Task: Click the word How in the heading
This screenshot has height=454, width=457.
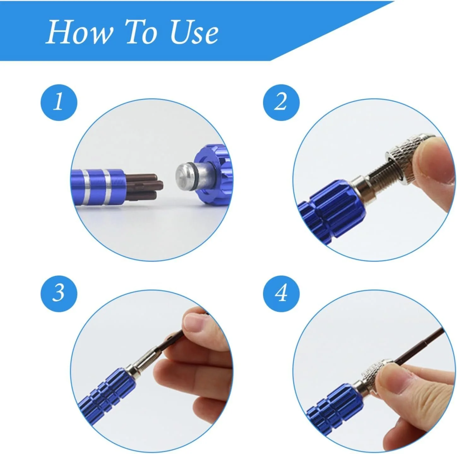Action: (x=78, y=32)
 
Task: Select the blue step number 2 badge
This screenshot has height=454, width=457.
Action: (x=281, y=102)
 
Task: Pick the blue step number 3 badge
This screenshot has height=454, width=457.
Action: (x=59, y=293)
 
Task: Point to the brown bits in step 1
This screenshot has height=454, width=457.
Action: (x=139, y=187)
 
